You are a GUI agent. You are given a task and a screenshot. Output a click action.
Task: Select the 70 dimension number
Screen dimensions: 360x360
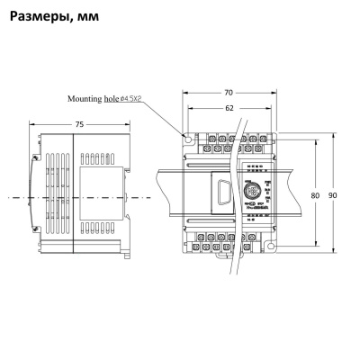pos(229,92)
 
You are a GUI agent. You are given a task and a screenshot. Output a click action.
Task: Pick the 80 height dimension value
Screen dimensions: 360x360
pos(315,194)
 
